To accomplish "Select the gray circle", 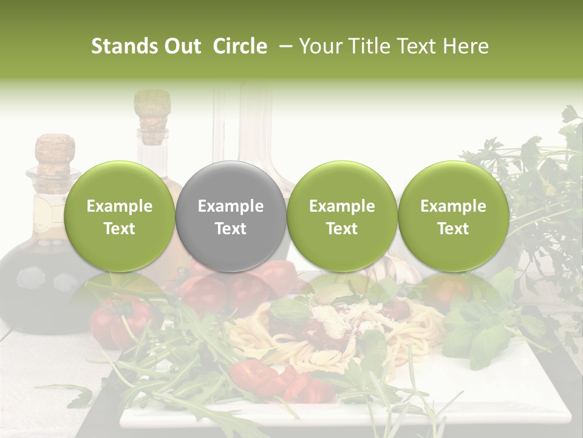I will (230, 217).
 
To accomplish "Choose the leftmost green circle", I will (119, 217).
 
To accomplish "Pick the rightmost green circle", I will (453, 217).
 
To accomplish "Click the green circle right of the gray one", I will (342, 217).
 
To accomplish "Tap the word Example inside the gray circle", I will (230, 206).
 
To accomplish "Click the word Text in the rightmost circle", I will (453, 229).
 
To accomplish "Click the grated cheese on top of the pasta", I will (331, 316).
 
